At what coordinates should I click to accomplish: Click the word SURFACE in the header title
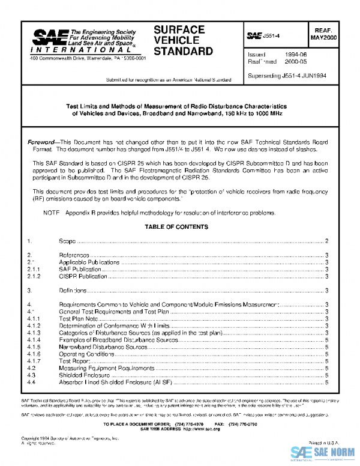tap(179, 29)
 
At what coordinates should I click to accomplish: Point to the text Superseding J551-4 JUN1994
tap(287, 76)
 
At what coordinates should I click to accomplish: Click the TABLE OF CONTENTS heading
tap(176, 227)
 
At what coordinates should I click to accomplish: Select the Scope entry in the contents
tap(67, 241)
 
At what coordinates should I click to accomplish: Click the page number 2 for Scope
tap(326, 241)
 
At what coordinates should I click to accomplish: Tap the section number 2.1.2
tap(34, 277)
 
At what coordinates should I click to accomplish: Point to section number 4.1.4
tap(34, 340)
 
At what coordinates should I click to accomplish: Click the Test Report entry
tap(74, 362)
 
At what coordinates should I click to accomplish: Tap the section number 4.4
tap(31, 383)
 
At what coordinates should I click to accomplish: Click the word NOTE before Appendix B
tap(50, 213)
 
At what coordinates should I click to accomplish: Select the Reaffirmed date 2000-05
tap(292, 61)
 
